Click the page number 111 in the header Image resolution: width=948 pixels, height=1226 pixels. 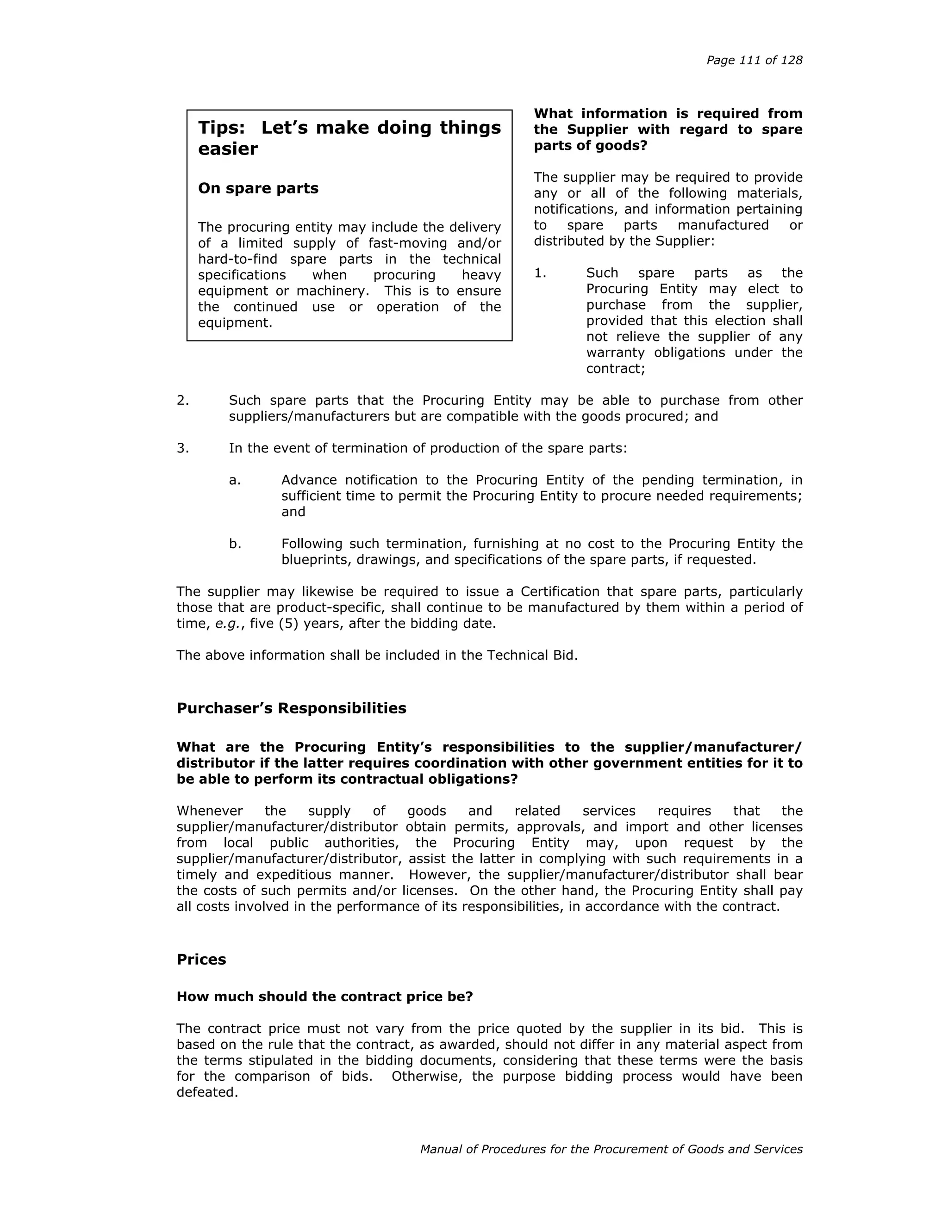tap(750, 60)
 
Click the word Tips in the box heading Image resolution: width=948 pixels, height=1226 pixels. tap(221, 128)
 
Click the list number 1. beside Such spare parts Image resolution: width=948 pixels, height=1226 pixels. tap(540, 273)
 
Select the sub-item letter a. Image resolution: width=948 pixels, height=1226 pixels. tap(235, 480)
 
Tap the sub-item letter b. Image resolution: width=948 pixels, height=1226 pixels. tap(235, 544)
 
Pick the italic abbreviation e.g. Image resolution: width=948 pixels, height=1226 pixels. tap(228, 624)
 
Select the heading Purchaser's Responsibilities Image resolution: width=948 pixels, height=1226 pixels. tap(291, 708)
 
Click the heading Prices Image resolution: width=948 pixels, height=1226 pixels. tap(201, 960)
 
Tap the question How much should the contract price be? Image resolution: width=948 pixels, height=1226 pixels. tap(324, 997)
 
